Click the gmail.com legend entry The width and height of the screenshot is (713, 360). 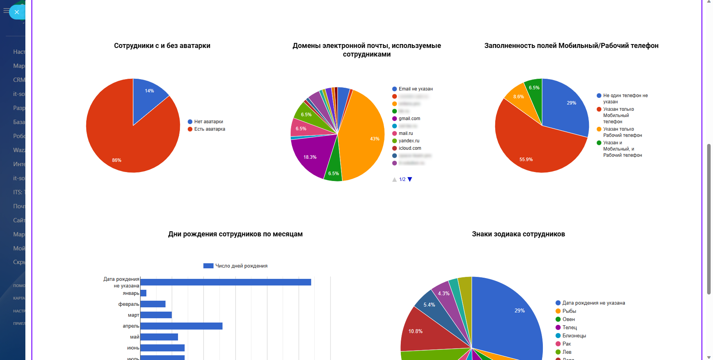(409, 119)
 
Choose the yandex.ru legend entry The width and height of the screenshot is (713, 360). (409, 141)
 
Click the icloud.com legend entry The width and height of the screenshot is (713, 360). (409, 148)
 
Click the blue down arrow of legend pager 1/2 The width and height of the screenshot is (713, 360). (410, 179)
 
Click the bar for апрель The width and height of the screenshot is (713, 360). (181, 326)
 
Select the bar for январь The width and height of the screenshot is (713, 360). (143, 293)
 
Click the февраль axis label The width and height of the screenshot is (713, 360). (129, 304)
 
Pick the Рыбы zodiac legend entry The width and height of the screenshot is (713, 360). (569, 311)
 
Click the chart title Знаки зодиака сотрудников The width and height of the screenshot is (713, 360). (518, 234)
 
